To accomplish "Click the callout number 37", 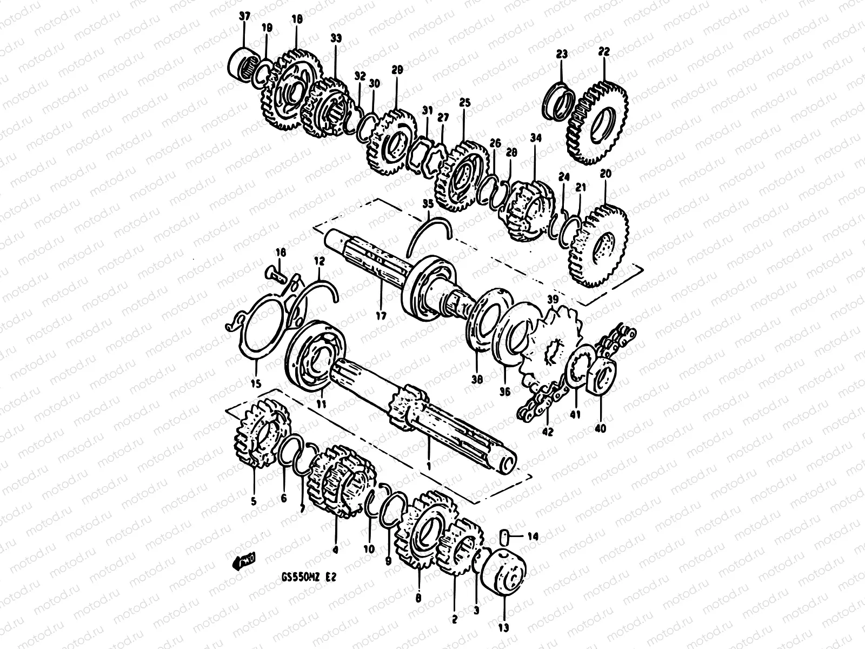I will point(244,16).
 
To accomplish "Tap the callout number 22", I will point(604,52).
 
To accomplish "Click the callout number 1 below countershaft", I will point(429,465).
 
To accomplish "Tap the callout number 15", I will point(255,384).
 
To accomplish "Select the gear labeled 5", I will point(262,437).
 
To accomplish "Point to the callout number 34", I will point(535,138).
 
